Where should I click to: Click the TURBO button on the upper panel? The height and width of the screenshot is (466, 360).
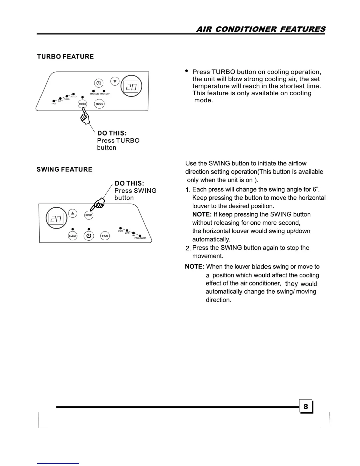[82, 104]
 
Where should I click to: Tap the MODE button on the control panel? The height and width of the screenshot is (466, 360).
[99, 104]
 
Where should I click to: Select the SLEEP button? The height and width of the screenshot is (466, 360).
[73, 236]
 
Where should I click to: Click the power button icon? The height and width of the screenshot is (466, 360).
[89, 236]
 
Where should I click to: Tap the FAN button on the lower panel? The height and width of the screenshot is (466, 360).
[105, 236]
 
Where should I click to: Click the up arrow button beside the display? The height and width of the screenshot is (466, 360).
[73, 213]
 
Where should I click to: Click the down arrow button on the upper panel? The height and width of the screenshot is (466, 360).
[115, 81]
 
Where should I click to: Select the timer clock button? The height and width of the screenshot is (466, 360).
[99, 83]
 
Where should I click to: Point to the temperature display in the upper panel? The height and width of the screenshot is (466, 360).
[131, 86]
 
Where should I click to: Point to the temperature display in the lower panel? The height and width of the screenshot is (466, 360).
[56, 218]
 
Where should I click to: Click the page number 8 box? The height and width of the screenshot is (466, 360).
[306, 406]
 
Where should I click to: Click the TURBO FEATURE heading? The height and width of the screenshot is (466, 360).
[65, 56]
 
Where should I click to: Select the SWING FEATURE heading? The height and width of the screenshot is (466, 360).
[64, 169]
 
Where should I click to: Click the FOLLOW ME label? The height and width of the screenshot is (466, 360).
[140, 238]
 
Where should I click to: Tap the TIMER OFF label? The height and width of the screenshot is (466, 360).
[105, 94]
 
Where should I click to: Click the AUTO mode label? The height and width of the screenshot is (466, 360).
[73, 96]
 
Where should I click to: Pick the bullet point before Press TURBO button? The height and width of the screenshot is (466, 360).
[186, 71]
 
